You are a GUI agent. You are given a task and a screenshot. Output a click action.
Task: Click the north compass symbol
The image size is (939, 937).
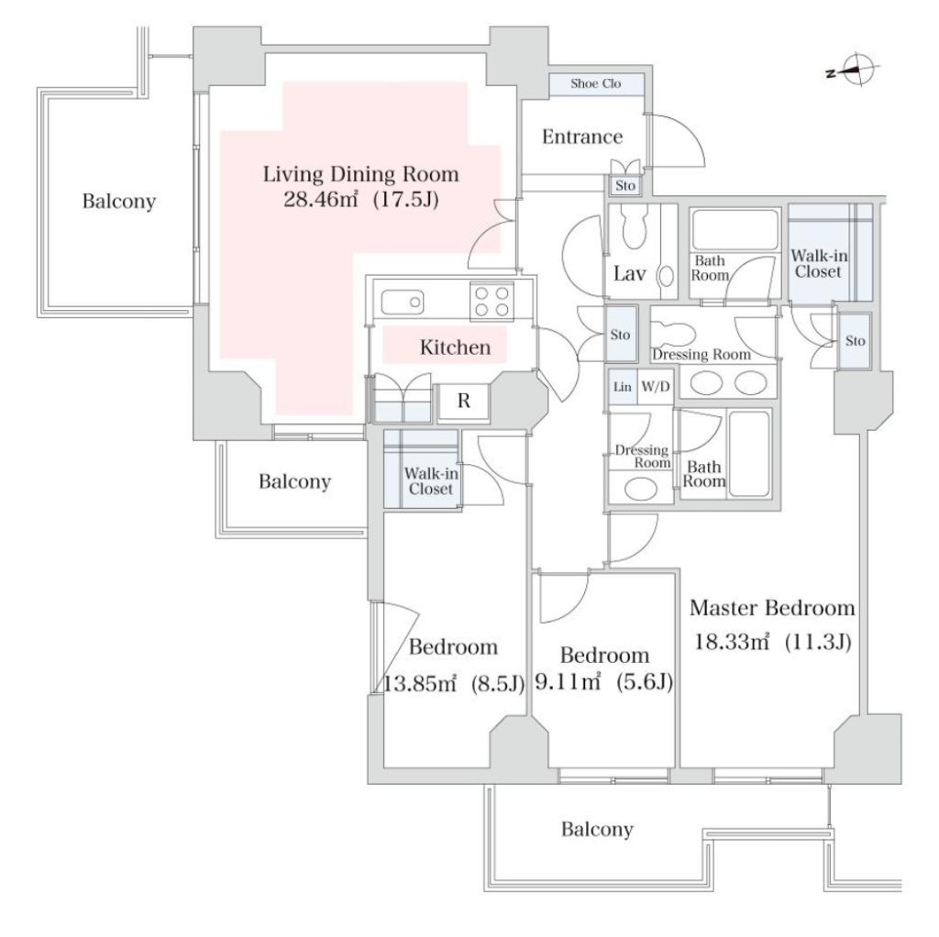[x=854, y=70]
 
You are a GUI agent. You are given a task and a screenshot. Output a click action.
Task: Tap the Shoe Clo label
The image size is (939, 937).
[x=595, y=83]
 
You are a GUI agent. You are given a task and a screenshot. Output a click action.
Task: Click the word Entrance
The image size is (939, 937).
[x=582, y=138]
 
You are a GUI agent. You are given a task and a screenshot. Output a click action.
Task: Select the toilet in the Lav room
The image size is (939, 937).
[x=635, y=226]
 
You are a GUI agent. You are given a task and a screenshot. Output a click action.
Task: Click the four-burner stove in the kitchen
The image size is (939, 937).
[x=492, y=301]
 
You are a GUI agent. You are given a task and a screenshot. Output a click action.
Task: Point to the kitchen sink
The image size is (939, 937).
[x=402, y=303]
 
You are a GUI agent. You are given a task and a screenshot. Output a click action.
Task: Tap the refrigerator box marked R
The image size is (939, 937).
[x=463, y=402]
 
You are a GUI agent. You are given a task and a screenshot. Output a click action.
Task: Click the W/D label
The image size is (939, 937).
[x=655, y=387]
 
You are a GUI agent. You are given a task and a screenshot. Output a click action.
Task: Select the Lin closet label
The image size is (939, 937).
[x=623, y=387]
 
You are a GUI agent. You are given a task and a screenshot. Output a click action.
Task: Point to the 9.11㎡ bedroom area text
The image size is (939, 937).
[x=568, y=681]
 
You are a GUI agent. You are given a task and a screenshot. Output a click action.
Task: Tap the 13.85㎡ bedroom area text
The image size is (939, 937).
[x=420, y=682]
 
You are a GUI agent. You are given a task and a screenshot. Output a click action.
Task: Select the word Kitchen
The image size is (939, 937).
[x=455, y=347]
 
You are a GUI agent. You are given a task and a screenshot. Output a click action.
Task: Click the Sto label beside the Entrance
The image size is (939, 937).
[x=624, y=185]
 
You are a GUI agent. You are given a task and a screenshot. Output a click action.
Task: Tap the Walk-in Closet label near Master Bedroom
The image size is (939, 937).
[x=819, y=264]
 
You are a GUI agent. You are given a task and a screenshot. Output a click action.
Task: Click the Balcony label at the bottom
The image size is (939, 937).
[x=597, y=830]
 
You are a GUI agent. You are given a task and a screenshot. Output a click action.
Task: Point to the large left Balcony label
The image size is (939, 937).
[x=118, y=201]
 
